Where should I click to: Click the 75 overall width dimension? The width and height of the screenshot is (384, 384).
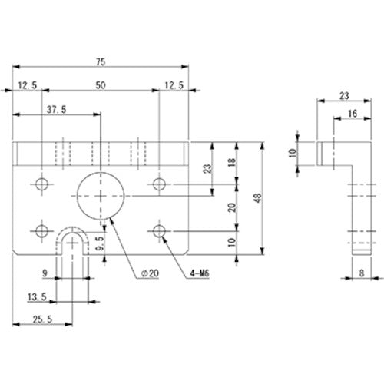click(101, 62)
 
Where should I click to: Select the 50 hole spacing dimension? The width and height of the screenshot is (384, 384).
click(101, 85)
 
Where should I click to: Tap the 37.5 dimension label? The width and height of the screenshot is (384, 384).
click(56, 110)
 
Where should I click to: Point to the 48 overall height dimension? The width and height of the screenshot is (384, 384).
click(258, 198)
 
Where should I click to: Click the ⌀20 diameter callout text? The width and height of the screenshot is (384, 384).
click(150, 273)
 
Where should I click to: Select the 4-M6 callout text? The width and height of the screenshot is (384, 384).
click(200, 273)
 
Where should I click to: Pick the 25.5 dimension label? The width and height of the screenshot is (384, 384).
click(42, 319)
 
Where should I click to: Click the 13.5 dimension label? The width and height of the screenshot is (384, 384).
click(37, 297)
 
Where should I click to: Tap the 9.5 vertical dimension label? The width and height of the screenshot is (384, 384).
click(101, 243)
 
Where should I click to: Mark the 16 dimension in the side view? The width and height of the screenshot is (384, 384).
click(353, 114)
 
